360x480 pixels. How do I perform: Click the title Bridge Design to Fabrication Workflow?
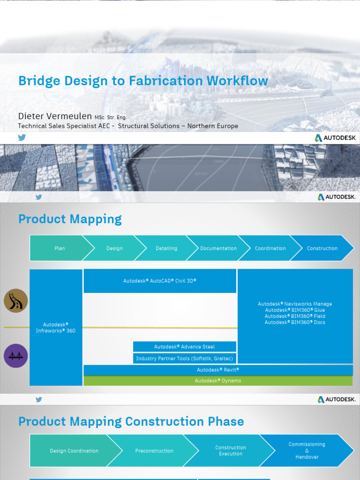click(143, 81)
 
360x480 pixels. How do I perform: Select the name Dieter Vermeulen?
click(55, 116)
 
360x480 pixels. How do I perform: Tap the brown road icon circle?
click(16, 301)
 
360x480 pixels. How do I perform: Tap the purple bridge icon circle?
click(16, 356)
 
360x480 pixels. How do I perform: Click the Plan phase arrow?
click(59, 248)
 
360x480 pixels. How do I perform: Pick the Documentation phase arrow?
click(218, 248)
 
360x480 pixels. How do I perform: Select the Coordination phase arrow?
click(270, 248)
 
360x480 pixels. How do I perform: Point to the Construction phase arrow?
click(322, 248)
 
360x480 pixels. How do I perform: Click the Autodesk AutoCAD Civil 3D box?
click(160, 281)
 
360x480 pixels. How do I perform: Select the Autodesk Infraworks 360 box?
click(56, 328)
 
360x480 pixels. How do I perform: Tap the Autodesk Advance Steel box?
click(184, 347)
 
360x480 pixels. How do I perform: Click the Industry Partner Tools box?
click(184, 359)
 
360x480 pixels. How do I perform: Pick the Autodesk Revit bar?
click(218, 370)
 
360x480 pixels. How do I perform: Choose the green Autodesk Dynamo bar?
click(218, 381)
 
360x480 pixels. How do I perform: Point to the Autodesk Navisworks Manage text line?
click(295, 304)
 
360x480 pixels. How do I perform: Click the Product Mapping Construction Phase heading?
click(131, 421)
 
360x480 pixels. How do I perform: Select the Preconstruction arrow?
click(154, 451)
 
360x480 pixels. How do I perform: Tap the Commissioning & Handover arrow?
click(307, 450)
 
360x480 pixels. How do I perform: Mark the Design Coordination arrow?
click(74, 451)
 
